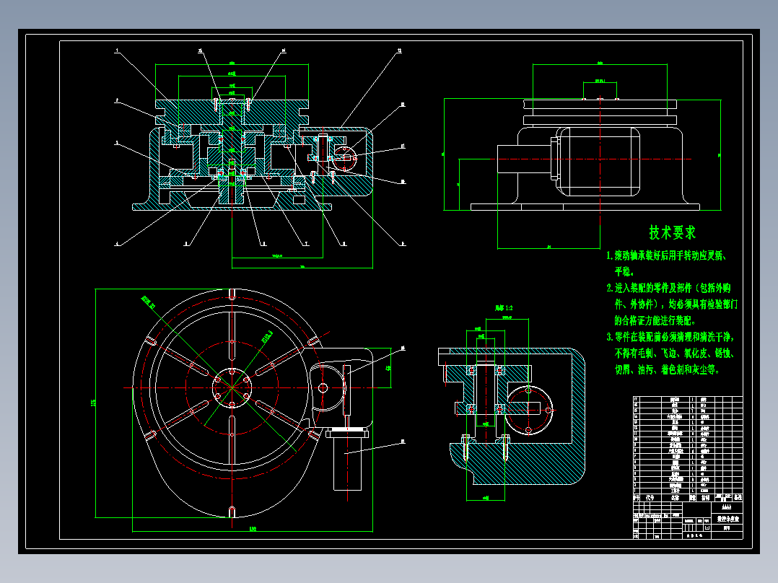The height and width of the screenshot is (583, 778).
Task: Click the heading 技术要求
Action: pyautogui.click(x=672, y=232)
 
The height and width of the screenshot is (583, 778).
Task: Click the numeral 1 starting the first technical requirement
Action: pyautogui.click(x=610, y=255)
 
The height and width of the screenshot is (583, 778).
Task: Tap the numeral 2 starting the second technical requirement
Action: pyautogui.click(x=610, y=287)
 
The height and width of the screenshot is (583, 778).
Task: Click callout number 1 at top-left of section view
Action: pyautogui.click(x=117, y=51)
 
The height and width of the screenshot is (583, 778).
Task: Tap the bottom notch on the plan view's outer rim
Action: pyautogui.click(x=232, y=512)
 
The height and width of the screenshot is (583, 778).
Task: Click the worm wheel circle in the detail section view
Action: pyautogui.click(x=530, y=408)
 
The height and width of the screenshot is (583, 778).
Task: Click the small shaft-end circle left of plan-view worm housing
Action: pyautogui.click(x=323, y=387)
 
